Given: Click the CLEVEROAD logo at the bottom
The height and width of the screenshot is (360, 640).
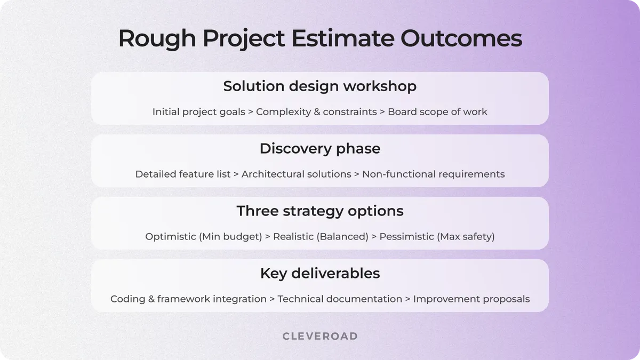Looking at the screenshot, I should click(320, 336).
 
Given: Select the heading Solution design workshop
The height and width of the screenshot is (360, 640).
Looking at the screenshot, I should click(320, 86).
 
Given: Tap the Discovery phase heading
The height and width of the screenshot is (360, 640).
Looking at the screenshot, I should click(320, 148).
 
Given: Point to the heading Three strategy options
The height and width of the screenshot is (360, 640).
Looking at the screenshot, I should click(320, 211).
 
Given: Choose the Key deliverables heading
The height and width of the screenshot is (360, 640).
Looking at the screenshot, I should click(320, 273).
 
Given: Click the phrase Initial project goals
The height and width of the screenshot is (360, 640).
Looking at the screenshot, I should click(199, 112).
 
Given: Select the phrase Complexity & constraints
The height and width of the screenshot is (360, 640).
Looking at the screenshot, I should click(316, 112).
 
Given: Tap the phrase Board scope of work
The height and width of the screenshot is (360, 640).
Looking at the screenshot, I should click(437, 112).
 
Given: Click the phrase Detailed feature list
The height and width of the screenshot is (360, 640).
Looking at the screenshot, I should click(183, 174).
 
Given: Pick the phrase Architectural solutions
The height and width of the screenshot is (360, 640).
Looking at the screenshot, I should click(297, 174).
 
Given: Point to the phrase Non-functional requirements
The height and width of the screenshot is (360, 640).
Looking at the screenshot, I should click(433, 174).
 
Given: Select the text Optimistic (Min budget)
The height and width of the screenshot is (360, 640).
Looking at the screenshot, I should click(204, 236).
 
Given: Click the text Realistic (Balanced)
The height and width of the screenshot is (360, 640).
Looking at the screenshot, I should click(321, 236).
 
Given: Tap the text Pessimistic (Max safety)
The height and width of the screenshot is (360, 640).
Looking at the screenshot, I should click(437, 236).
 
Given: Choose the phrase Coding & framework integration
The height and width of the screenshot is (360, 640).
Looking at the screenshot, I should click(188, 299).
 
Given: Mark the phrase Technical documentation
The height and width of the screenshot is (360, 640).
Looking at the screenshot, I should click(340, 299).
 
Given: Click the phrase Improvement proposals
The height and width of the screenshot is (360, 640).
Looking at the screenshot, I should click(471, 299).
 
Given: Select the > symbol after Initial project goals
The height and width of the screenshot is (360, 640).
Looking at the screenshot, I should click(251, 112).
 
